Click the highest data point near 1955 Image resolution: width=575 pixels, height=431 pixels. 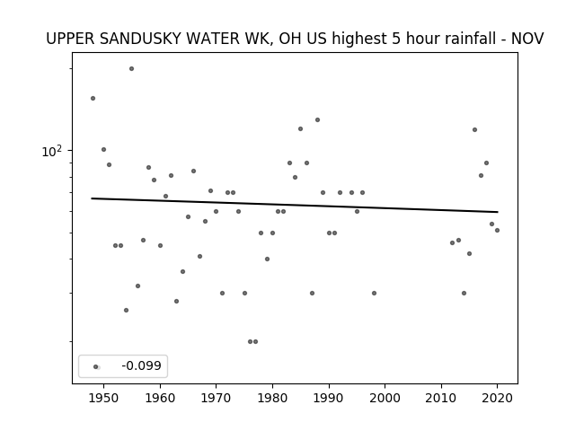(x=132, y=68)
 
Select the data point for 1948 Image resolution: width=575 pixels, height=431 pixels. (x=93, y=98)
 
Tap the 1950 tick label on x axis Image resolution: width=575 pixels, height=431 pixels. (x=104, y=398)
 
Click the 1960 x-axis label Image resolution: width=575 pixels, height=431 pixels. (x=160, y=398)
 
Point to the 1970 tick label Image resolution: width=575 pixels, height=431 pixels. (x=216, y=398)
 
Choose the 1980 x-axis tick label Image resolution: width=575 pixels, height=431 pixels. (x=272, y=398)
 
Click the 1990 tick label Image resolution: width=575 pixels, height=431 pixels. (x=329, y=398)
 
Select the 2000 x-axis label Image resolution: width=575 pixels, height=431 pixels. (x=385, y=398)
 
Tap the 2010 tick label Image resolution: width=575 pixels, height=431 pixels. (x=441, y=398)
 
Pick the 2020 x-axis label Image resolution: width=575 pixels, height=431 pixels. (x=497, y=398)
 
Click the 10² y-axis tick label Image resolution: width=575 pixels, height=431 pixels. (x=52, y=151)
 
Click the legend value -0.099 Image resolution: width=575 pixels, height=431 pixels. (x=142, y=365)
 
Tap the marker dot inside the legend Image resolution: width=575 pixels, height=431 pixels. (x=96, y=366)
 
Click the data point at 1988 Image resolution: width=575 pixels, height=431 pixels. (x=317, y=119)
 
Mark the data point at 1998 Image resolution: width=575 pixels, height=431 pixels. (x=374, y=294)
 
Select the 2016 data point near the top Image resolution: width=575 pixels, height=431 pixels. (x=475, y=129)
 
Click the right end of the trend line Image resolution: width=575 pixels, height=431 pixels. (x=498, y=212)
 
